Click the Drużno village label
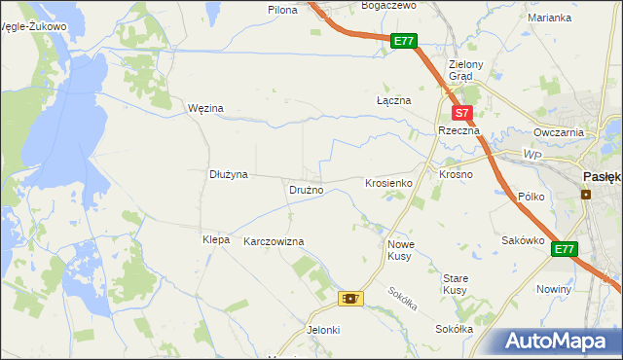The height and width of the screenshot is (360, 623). (x=306, y=190)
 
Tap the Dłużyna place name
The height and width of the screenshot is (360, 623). (x=229, y=174)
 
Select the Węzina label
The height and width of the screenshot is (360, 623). (x=205, y=108)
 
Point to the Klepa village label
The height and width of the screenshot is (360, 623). (x=215, y=239)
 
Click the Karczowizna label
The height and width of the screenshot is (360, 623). (x=274, y=241)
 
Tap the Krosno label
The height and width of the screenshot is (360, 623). (x=456, y=175)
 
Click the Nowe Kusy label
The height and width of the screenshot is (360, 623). (x=401, y=250)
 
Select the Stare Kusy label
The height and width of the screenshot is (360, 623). (x=456, y=284)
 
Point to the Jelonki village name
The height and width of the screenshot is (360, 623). (x=323, y=330)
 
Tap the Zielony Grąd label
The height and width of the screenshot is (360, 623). (x=459, y=71)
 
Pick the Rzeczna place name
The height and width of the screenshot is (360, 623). (x=456, y=130)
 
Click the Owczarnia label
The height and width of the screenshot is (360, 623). (x=558, y=132)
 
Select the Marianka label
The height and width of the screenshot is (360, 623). (x=549, y=18)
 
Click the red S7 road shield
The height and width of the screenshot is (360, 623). (x=463, y=113)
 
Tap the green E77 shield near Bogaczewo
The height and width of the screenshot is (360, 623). (x=405, y=42)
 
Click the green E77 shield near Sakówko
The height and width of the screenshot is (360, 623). (x=565, y=250)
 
